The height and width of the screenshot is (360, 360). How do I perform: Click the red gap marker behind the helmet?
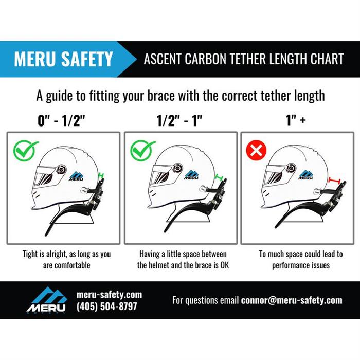pos(335,181)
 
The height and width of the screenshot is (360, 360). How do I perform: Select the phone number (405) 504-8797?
pos(106,307)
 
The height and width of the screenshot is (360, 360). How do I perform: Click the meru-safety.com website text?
pos(109,295)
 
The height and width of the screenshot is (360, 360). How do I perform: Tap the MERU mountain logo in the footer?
pos(47,300)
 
